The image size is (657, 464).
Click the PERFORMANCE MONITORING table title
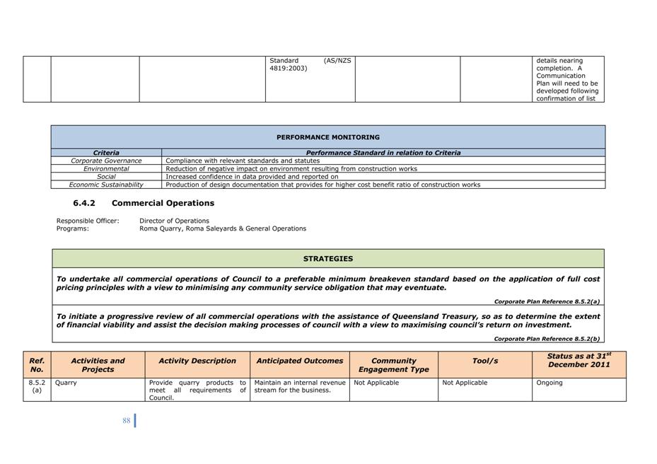(x=327, y=137)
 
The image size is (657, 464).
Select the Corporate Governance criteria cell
(x=106, y=161)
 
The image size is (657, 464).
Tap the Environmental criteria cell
(x=106, y=169)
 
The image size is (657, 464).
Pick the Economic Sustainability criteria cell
(x=106, y=185)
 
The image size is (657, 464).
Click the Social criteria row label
(x=106, y=177)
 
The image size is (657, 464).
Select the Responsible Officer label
(x=88, y=221)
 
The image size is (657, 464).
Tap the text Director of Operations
(x=174, y=221)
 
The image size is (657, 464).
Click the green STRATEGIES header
(x=328, y=259)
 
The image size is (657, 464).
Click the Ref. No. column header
(x=37, y=365)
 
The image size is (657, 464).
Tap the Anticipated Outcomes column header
(x=299, y=361)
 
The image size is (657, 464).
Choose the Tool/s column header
(x=485, y=361)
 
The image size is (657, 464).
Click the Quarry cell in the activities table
(x=66, y=383)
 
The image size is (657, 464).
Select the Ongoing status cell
(x=550, y=383)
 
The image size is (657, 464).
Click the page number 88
(x=127, y=420)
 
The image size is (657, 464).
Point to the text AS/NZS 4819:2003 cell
(x=310, y=64)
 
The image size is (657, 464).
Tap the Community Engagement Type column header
(x=393, y=365)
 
